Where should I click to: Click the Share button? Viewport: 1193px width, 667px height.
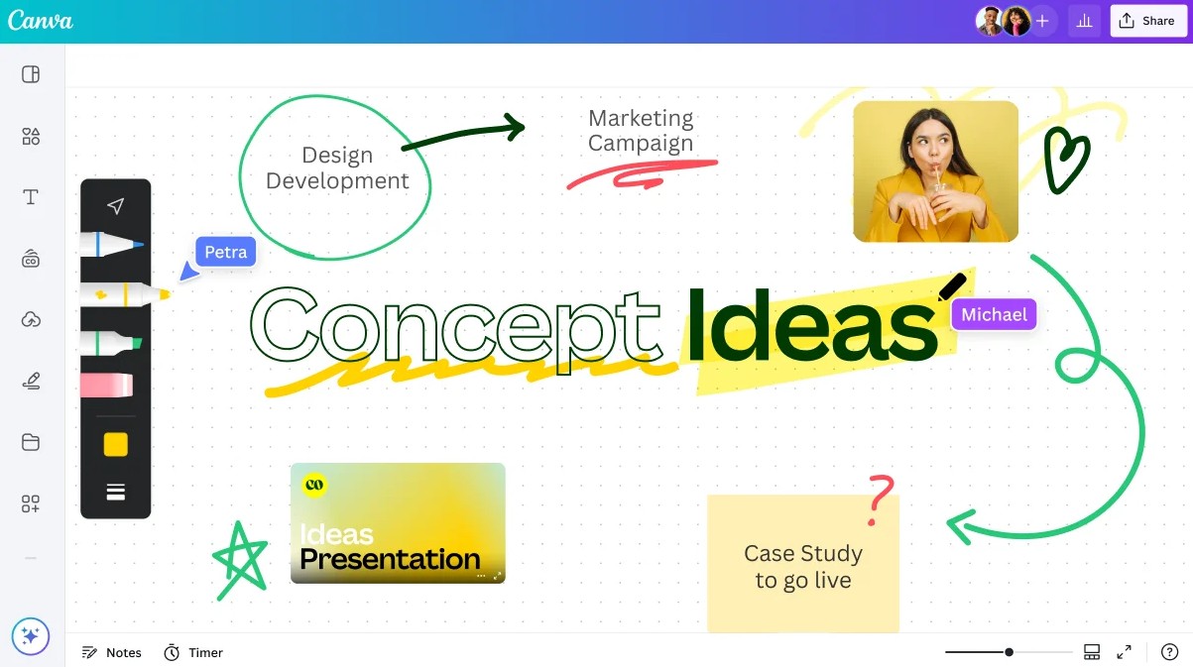[1148, 21]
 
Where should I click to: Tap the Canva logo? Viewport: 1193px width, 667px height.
[40, 21]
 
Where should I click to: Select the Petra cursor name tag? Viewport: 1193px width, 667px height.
[225, 252]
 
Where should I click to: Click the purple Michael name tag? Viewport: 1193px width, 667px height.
[994, 314]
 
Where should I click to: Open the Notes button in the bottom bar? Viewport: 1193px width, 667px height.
[111, 652]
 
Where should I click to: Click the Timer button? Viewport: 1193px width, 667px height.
[193, 652]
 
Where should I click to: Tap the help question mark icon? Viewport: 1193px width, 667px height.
[1169, 651]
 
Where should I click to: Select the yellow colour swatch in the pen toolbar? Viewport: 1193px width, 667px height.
[116, 444]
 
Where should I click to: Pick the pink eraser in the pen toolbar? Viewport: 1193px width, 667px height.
[106, 385]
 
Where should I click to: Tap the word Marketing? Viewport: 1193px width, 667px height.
[641, 118]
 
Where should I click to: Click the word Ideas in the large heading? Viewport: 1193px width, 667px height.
[811, 326]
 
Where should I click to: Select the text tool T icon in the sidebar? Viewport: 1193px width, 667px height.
[31, 197]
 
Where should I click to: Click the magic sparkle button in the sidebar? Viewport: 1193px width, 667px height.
[31, 636]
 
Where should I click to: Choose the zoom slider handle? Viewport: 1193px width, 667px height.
[1009, 652]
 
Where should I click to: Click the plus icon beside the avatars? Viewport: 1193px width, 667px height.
[1042, 21]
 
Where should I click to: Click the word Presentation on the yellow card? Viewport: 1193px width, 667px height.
[390, 560]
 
